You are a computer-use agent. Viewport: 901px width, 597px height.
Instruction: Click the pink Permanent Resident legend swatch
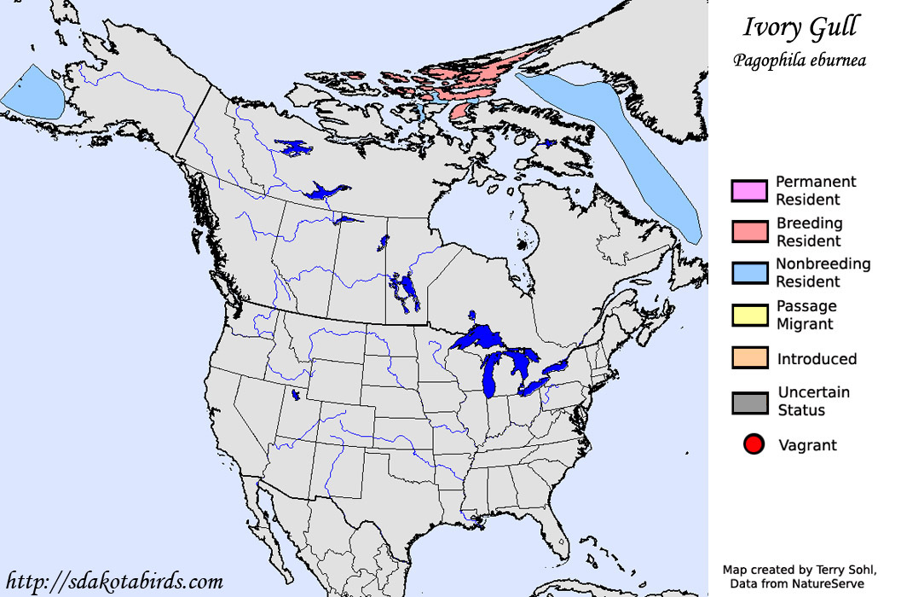749,191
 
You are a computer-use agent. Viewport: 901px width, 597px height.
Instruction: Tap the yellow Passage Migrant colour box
749,316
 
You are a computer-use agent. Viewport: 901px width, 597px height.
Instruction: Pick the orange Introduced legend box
749,359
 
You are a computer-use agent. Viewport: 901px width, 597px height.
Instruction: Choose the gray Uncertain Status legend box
749,402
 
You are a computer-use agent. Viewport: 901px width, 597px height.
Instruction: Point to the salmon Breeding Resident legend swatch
749,232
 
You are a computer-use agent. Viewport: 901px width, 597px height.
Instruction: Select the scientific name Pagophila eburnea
799,61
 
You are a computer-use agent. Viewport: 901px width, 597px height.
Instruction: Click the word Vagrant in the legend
807,445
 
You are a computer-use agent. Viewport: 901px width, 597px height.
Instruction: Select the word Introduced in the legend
817,359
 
